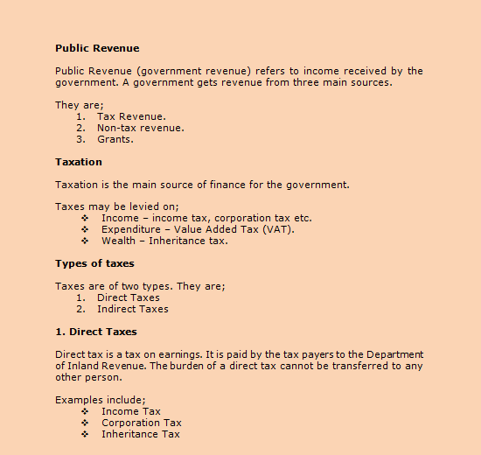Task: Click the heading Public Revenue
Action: point(97,48)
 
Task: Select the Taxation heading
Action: point(79,162)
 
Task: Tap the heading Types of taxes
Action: point(94,263)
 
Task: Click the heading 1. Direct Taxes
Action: point(95,332)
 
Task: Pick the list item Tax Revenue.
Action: point(131,116)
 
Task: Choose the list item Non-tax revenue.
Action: point(140,128)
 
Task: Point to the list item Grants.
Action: point(115,139)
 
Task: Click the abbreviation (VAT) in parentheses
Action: point(277,229)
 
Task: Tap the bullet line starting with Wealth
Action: point(164,241)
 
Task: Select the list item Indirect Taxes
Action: point(133,309)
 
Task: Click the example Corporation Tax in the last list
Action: point(142,423)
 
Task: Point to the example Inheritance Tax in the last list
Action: point(141,434)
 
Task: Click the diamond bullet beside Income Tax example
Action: point(85,411)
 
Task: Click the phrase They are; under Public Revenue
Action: point(79,105)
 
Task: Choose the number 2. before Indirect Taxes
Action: point(80,309)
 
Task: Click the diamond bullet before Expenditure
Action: point(85,229)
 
